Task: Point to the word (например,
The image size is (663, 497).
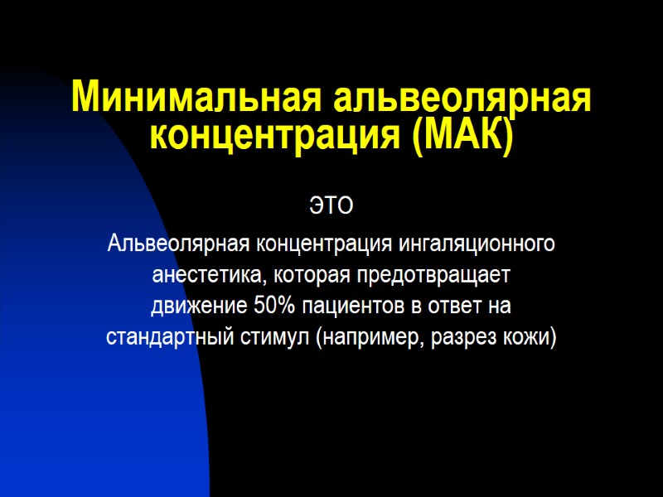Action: pyautogui.click(x=369, y=338)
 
